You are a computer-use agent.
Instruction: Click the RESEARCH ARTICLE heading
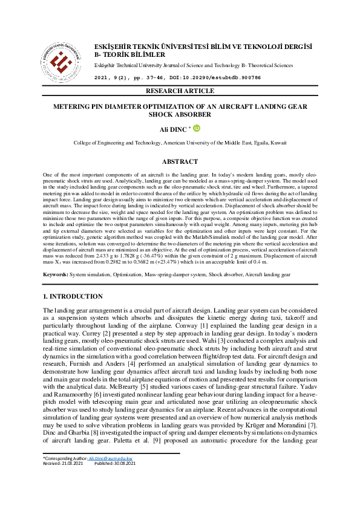pos(180,91)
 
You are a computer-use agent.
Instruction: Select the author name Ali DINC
pos(173,129)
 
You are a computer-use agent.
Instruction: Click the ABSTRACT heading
pos(180,162)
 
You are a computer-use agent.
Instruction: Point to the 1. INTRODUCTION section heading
pos(73,297)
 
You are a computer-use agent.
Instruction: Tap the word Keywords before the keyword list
pos(55,274)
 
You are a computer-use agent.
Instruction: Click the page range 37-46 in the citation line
pos(160,78)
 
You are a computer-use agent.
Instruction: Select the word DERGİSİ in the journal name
pos(295,47)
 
